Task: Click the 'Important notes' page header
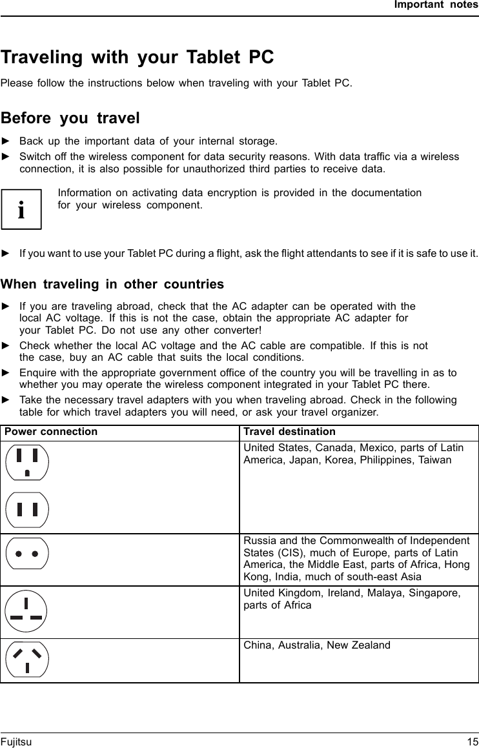pos(436,5)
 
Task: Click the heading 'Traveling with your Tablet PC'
pos(137,57)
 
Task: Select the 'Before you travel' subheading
pos(70,118)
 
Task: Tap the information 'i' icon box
pos(21,210)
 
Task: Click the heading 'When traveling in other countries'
pos(112,285)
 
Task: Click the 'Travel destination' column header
pos(289,432)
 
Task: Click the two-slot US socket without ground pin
pos(26,510)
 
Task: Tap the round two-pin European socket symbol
pos(26,554)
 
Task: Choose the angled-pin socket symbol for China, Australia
pos(26,659)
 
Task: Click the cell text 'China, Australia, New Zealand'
pos(316,645)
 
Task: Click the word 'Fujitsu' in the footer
pos(16,742)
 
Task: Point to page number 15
pos(472,742)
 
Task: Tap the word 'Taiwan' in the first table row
pos(434,460)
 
